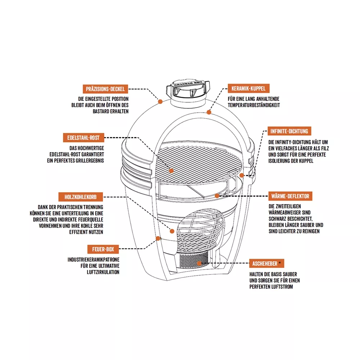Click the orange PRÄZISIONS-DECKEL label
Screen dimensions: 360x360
click(105, 89)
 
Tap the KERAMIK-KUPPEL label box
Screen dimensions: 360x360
click(248, 89)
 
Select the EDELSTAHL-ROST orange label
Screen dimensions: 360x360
click(84, 138)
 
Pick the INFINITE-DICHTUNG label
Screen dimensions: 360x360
click(289, 131)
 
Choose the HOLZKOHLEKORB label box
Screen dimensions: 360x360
click(81, 197)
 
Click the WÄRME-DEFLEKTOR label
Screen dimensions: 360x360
click(290, 196)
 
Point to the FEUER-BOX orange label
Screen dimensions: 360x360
click(103, 249)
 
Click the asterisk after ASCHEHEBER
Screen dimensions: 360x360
click(280, 263)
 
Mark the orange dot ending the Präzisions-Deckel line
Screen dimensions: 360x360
click(160, 102)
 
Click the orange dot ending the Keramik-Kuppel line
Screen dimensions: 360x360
click(209, 112)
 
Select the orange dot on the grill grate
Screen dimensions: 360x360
click(171, 171)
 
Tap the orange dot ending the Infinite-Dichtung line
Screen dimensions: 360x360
click(242, 175)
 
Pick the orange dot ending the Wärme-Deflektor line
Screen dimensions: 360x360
click(217, 196)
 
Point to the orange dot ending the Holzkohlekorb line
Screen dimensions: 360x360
click(172, 231)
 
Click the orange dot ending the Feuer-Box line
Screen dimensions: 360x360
click(158, 239)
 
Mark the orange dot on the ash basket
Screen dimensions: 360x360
click(199, 264)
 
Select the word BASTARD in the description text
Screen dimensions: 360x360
click(101, 111)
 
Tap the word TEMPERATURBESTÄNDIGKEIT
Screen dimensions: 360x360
click(254, 105)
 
